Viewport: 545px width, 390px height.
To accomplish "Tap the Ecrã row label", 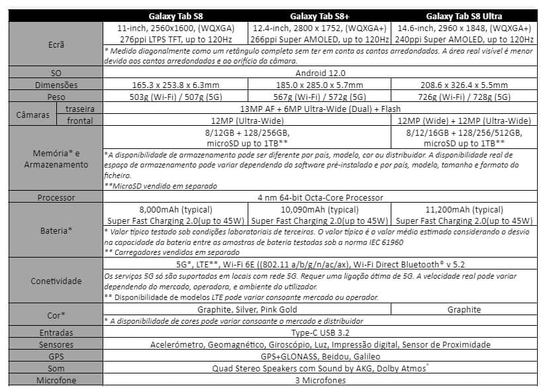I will [56, 44].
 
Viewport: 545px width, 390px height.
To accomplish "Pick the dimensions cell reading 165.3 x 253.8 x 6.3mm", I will [175, 85].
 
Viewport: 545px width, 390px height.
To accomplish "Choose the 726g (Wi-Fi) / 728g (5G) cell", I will [464, 97].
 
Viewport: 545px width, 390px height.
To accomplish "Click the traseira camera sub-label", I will [79, 109].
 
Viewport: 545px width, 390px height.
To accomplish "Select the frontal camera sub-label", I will [80, 121].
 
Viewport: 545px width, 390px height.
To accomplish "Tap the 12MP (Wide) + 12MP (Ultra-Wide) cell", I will [464, 121].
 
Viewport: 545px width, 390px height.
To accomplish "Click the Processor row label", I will [56, 197].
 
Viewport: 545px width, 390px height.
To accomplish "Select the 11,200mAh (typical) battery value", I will [464, 209].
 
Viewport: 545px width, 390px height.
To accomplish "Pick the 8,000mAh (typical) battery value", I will [175, 209].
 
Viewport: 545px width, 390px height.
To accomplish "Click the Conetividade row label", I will [56, 281].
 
